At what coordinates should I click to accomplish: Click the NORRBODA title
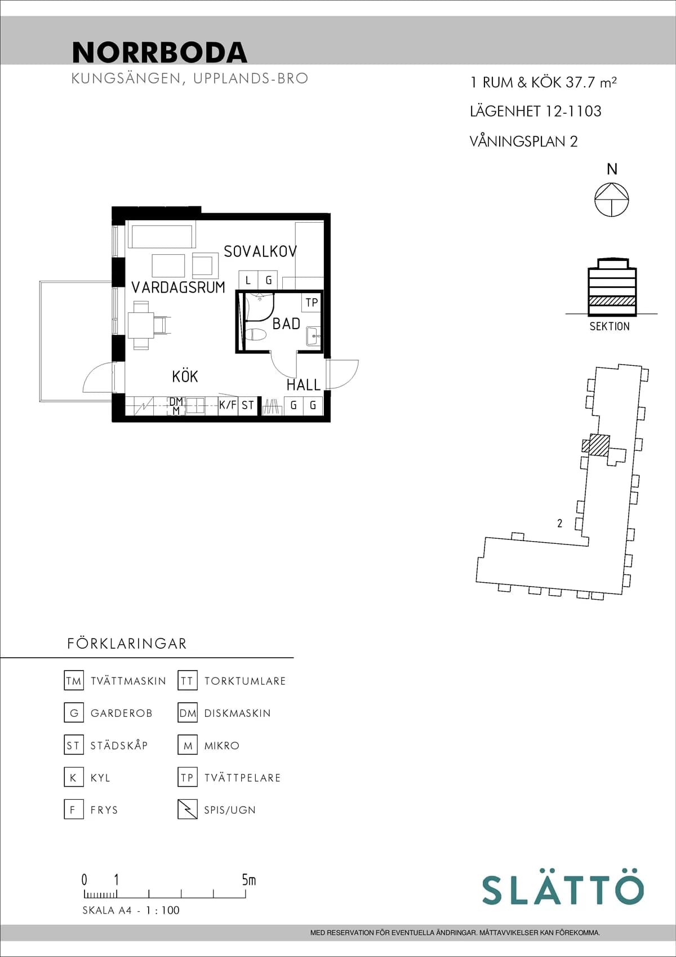coord(159,52)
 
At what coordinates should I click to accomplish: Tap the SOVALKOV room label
coord(260,251)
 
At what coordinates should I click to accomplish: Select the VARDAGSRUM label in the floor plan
coord(178,287)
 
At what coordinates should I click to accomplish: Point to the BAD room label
coord(286,324)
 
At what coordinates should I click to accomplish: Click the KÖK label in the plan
coord(185,376)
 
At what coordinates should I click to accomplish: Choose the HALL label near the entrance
coord(303,385)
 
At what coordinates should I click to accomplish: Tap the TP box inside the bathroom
coord(312,303)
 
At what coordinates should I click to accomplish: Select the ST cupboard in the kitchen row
coord(248,405)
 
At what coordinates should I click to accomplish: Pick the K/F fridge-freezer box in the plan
coord(228,405)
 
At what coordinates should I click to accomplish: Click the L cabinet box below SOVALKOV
coord(248,280)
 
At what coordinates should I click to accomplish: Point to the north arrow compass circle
coord(612,200)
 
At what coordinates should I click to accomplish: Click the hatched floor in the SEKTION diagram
coord(612,301)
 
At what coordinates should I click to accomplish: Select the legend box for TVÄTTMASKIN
coord(74,681)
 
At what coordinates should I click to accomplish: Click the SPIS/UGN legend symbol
coord(187,809)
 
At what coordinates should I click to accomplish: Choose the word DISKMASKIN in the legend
coord(237,714)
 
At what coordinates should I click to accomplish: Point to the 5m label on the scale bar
coord(248,880)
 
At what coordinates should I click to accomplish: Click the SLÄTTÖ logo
coord(562,890)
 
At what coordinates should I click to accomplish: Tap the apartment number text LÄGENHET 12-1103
coord(535,112)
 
